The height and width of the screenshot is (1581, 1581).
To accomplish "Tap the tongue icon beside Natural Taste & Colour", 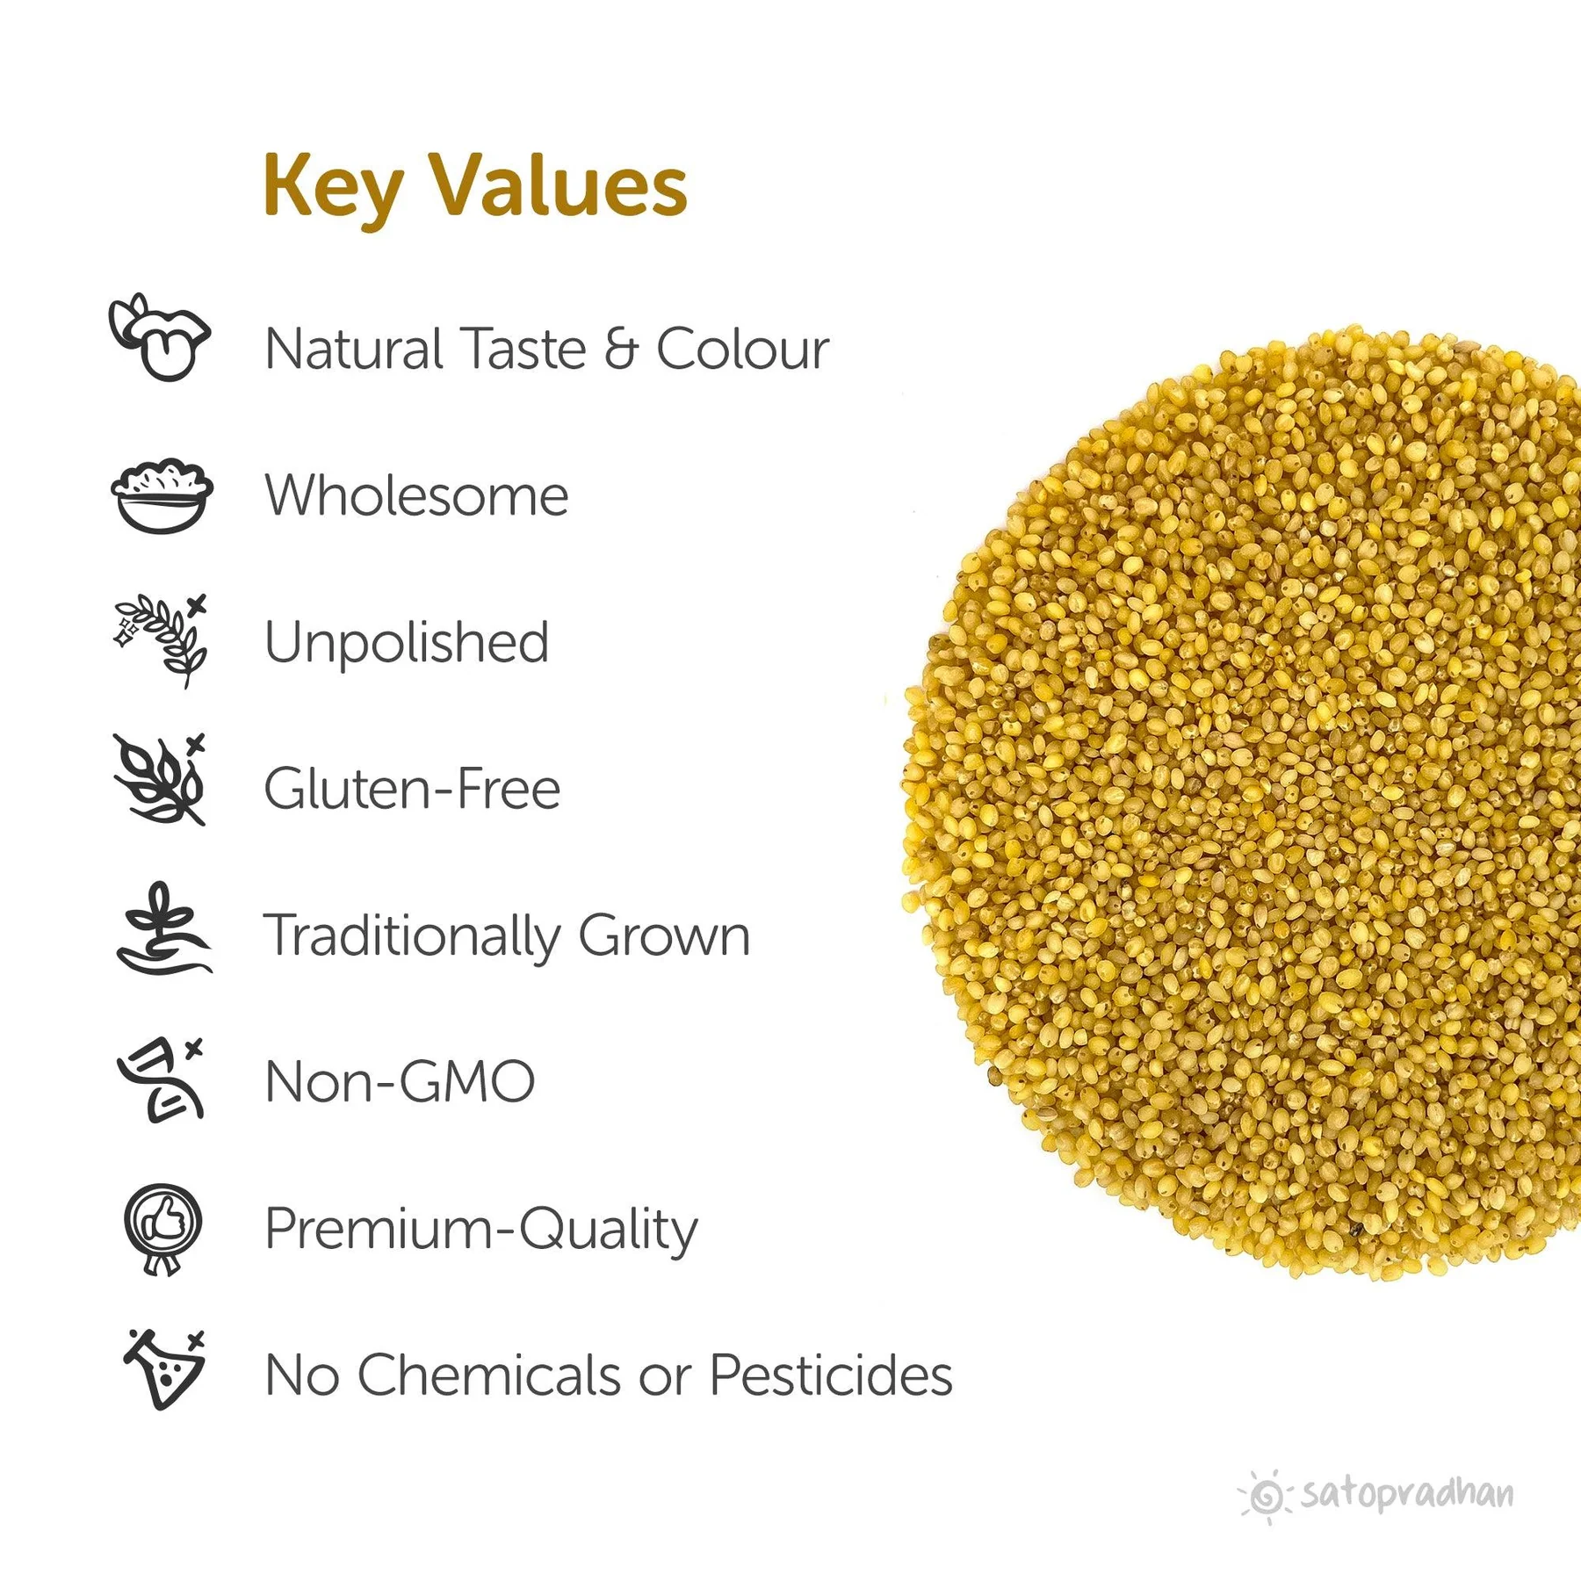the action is pyautogui.click(x=160, y=337).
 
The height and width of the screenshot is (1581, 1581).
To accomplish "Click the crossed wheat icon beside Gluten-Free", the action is pyautogui.click(x=161, y=780).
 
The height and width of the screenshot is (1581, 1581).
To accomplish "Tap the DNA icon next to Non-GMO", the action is pyautogui.click(x=162, y=1079).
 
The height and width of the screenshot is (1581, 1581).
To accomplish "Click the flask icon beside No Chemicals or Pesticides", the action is pyautogui.click(x=165, y=1371).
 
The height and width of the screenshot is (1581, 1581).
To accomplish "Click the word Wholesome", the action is pyautogui.click(x=416, y=495).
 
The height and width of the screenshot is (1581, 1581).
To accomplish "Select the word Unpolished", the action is pyautogui.click(x=407, y=642).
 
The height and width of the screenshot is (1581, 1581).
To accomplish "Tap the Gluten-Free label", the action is pyautogui.click(x=412, y=788).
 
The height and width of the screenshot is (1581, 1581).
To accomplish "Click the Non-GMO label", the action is pyautogui.click(x=400, y=1081).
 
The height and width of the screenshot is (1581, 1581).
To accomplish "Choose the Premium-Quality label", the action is pyautogui.click(x=481, y=1230).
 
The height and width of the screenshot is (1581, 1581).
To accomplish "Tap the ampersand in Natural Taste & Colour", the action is pyautogui.click(x=621, y=349).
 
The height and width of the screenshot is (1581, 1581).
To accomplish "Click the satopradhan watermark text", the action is pyautogui.click(x=1407, y=1494).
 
